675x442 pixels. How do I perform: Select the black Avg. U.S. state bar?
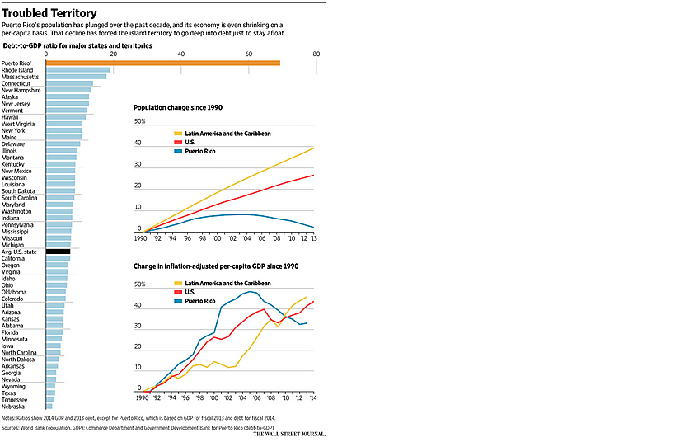[58, 252]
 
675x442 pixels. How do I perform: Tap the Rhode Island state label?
[17, 70]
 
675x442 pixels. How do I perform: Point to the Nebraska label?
[13, 407]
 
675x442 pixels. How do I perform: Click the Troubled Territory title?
[49, 13]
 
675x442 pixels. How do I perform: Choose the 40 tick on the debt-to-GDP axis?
[181, 54]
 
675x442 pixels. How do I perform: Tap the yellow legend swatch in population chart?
[178, 134]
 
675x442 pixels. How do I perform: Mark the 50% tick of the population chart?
[139, 121]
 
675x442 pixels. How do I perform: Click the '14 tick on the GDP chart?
[313, 397]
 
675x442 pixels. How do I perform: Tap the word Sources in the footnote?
[14, 430]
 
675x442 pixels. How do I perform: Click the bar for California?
[58, 258]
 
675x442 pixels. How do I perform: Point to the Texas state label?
[9, 393]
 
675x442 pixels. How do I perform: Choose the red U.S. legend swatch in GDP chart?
[178, 293]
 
